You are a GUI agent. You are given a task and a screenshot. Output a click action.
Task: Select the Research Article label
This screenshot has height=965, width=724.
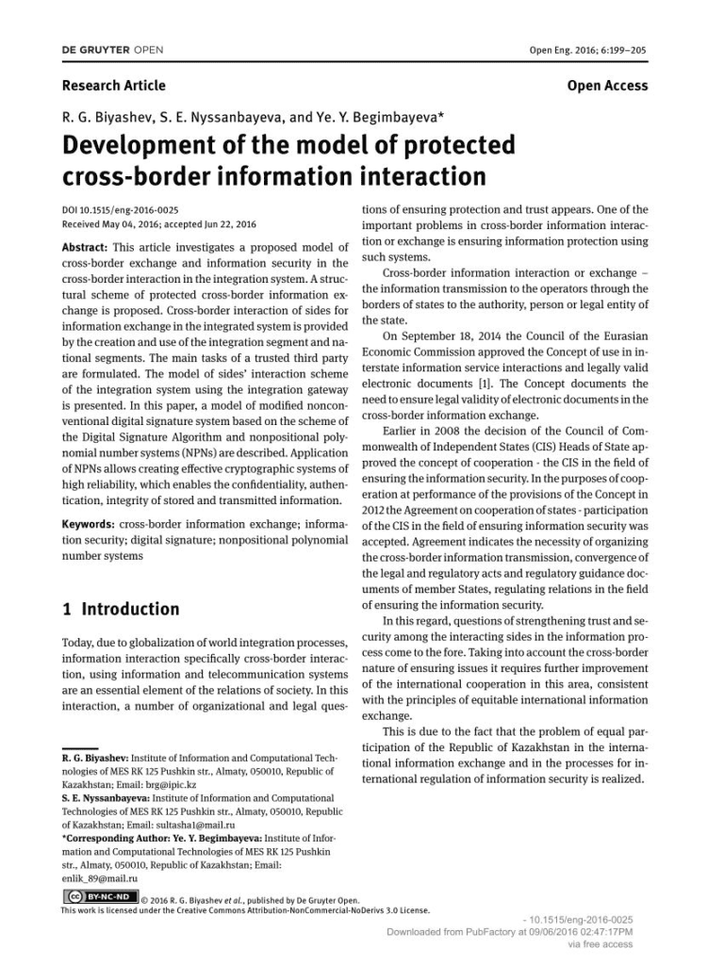pos(113,86)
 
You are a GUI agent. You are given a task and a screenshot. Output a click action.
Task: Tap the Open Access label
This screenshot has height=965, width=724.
pos(607,86)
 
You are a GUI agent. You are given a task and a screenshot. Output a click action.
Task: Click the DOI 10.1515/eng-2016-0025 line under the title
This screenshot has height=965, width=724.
pos(120,210)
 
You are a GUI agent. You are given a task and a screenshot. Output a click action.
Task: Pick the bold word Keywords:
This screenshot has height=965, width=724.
pos(89,524)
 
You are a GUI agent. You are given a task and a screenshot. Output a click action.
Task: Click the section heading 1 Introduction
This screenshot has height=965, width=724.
pos(120,609)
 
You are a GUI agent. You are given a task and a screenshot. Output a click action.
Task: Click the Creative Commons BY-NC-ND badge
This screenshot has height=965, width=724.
pos(100,896)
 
